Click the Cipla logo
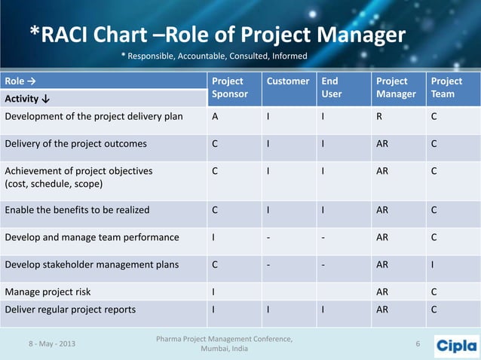point(456,345)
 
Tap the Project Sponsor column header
point(228,87)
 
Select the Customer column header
point(287,81)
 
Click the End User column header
point(330,87)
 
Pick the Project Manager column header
point(395,87)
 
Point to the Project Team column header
point(446,87)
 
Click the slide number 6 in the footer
point(418,344)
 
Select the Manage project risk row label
point(47,290)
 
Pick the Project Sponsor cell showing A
point(216,117)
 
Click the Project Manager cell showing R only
point(380,117)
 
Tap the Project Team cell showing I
point(433,264)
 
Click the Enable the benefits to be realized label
point(77,210)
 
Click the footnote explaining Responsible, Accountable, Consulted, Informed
point(214,56)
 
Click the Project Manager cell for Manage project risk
point(383,290)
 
